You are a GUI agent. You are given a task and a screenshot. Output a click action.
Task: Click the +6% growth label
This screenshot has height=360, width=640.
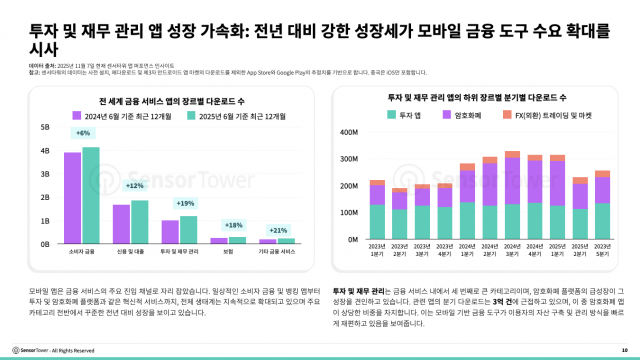coord(83,133)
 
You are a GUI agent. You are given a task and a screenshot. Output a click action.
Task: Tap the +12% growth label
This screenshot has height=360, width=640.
coord(134,186)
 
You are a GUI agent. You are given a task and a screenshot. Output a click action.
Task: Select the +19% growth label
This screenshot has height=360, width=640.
coord(185,203)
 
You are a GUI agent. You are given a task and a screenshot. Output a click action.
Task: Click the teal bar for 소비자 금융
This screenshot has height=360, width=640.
coord(91,196)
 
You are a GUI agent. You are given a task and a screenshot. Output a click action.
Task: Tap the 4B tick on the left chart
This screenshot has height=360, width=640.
coord(45,151)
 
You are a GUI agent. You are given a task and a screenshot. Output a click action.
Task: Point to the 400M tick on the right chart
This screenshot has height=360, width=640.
coord(349,132)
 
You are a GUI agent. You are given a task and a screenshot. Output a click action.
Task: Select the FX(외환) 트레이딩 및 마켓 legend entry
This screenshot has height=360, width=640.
coord(521,114)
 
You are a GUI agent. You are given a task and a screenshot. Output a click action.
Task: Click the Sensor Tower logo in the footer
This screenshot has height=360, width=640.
coord(30,350)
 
